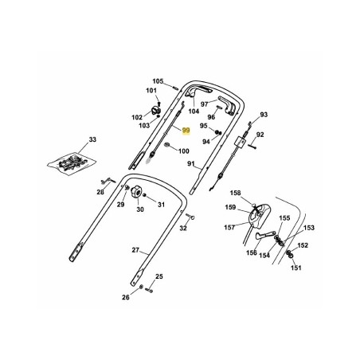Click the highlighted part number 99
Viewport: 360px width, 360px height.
(x=186, y=129)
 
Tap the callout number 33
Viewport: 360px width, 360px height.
(x=92, y=139)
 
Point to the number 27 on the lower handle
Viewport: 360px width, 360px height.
(x=135, y=250)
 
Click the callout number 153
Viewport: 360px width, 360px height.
(x=309, y=228)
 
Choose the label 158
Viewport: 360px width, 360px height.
(x=235, y=193)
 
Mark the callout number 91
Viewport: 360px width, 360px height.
(x=190, y=163)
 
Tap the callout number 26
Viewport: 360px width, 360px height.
(x=126, y=298)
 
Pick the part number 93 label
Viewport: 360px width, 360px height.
(x=264, y=115)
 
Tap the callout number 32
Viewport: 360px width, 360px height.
(x=182, y=228)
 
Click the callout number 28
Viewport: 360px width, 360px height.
(x=101, y=192)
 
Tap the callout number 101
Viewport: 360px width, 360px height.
(x=151, y=92)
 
